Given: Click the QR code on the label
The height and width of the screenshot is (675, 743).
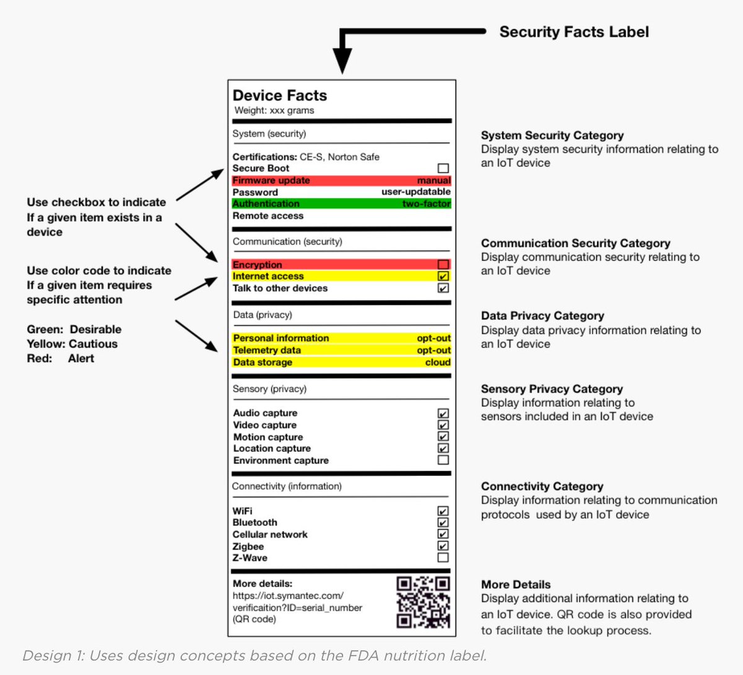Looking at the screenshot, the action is click(423, 602).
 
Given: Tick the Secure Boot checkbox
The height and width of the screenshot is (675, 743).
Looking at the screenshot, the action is click(443, 168).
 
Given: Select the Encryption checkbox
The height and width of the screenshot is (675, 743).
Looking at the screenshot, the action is click(443, 265).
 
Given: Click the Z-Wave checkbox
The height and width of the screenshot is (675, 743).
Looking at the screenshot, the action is click(443, 558).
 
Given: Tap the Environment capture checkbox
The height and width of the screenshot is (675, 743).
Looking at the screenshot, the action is click(443, 460).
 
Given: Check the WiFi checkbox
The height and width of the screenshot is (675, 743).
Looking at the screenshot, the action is click(443, 511).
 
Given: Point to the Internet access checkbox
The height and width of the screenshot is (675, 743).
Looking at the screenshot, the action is click(443, 277).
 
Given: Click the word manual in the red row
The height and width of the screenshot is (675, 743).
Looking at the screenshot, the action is click(433, 181).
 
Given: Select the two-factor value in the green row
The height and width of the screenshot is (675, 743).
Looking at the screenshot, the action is click(426, 204).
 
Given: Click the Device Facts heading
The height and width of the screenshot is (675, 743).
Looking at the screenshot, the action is click(280, 95).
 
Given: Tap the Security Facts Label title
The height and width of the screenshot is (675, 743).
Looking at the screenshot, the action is click(574, 32).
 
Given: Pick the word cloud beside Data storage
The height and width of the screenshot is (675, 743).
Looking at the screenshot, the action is click(438, 363).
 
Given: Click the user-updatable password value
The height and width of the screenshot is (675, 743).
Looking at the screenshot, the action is click(416, 192).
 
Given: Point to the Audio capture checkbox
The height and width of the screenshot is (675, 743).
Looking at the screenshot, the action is click(443, 413).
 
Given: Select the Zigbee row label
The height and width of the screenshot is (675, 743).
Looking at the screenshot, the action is click(248, 546).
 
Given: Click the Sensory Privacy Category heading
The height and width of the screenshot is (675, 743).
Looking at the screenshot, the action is click(552, 389).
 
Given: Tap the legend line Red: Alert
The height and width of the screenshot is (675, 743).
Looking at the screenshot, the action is click(60, 359).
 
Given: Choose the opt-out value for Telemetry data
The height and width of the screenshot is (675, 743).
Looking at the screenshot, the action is click(433, 350).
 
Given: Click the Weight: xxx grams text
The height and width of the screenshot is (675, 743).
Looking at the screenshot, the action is click(274, 111).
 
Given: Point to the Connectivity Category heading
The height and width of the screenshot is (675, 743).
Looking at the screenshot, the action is click(542, 486).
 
